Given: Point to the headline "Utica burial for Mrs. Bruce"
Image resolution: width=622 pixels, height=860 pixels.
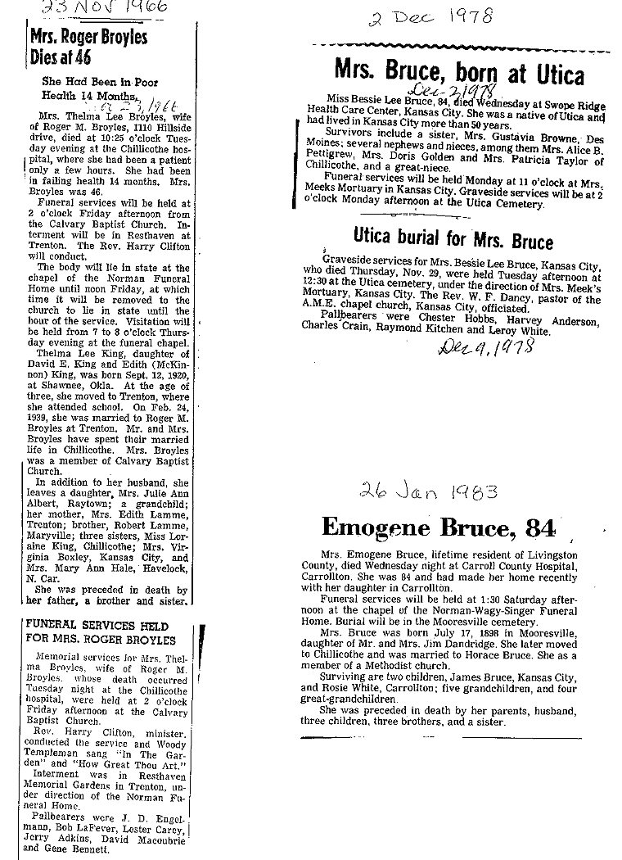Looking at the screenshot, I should coord(453,240).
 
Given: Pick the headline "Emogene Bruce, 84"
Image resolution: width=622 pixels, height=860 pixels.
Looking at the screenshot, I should coord(438,527).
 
